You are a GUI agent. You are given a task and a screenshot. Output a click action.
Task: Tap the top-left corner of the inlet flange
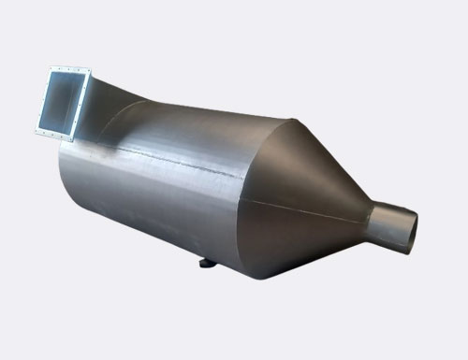(x=50, y=67)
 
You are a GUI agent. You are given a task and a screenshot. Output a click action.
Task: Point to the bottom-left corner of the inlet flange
(x=37, y=133)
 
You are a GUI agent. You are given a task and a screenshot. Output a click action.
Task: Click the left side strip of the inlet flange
(x=43, y=100)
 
